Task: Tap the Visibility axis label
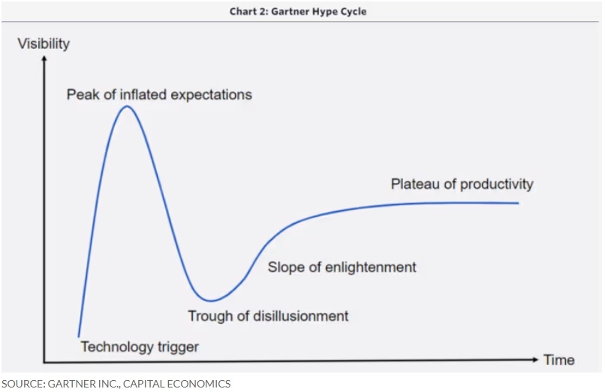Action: point(44,44)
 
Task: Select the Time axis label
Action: point(559,360)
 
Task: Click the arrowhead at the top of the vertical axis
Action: point(44,58)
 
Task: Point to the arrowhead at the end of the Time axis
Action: point(534,360)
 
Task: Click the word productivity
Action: point(497,184)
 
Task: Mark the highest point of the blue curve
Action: point(127,106)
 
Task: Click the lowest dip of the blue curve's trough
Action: point(211,301)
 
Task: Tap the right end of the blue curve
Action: point(518,202)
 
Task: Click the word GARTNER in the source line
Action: point(69,384)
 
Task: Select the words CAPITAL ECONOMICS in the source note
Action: point(176,384)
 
